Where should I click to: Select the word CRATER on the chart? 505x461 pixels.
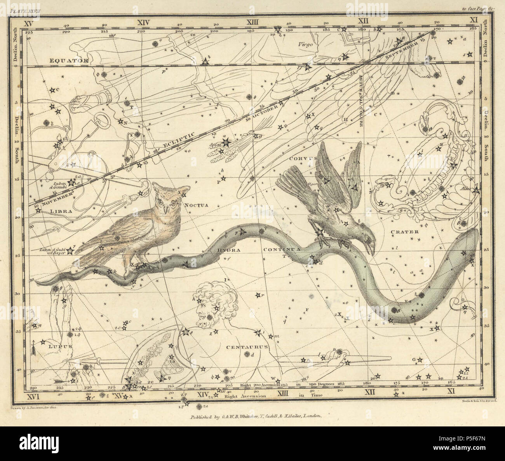coord(405,232)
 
